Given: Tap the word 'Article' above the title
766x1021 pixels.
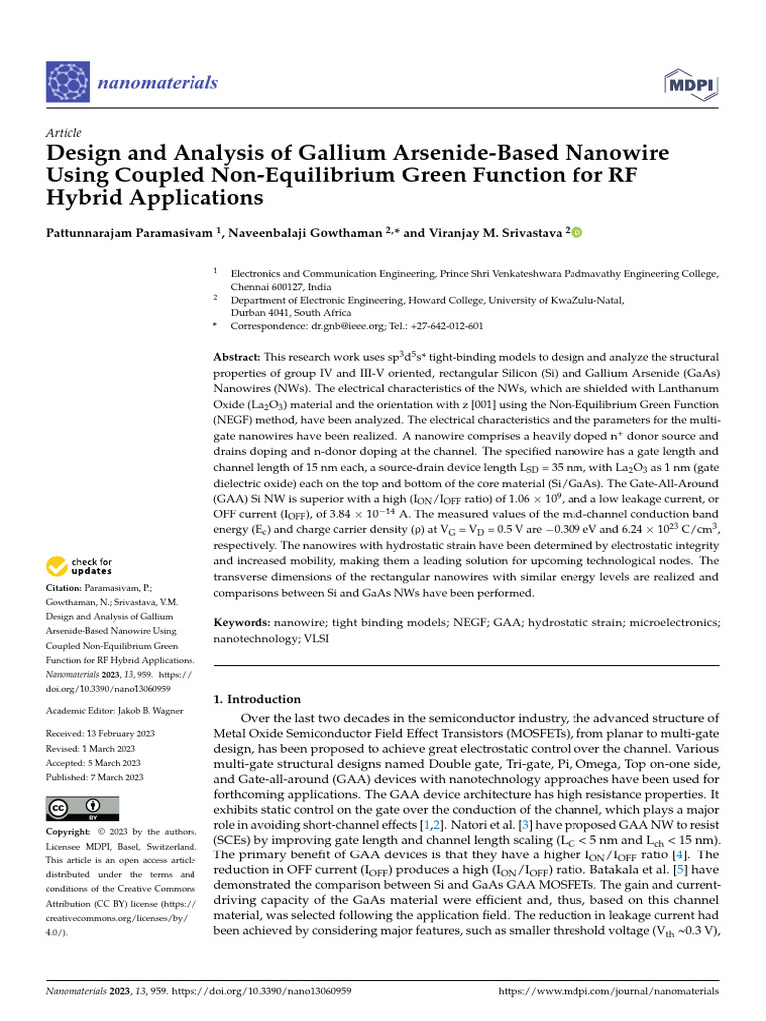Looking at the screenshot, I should tap(63, 133).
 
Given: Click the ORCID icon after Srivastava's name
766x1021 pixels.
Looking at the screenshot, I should tap(574, 232).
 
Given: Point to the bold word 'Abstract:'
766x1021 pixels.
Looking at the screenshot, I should tap(238, 357).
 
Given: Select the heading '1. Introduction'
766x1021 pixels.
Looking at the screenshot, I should tap(258, 699).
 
